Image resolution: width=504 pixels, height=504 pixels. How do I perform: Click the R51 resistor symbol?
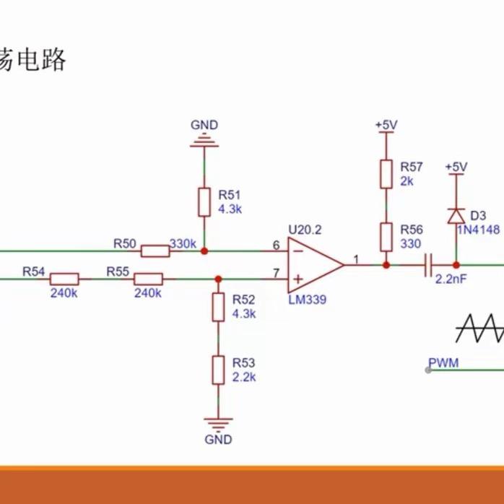204,202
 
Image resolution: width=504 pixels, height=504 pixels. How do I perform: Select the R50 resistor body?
155,251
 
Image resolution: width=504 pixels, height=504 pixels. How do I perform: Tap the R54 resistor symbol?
64,278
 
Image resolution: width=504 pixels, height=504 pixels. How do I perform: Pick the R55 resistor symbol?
149,278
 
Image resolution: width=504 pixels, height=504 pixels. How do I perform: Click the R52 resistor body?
217,307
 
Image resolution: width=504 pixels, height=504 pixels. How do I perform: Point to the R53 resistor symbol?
217,370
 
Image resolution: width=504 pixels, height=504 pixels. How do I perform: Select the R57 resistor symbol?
386,173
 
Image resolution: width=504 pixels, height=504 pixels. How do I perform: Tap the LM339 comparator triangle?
315,264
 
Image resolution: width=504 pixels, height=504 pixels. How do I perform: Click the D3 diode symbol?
456,216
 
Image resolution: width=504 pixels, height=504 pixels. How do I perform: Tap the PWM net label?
443,362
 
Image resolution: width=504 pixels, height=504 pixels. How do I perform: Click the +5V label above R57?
386,125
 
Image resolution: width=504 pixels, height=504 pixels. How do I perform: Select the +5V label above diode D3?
456,167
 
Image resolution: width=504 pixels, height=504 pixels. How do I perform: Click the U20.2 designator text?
305,230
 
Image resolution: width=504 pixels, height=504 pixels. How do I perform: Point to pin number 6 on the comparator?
276,246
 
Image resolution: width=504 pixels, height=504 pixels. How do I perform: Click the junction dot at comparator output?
386,265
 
